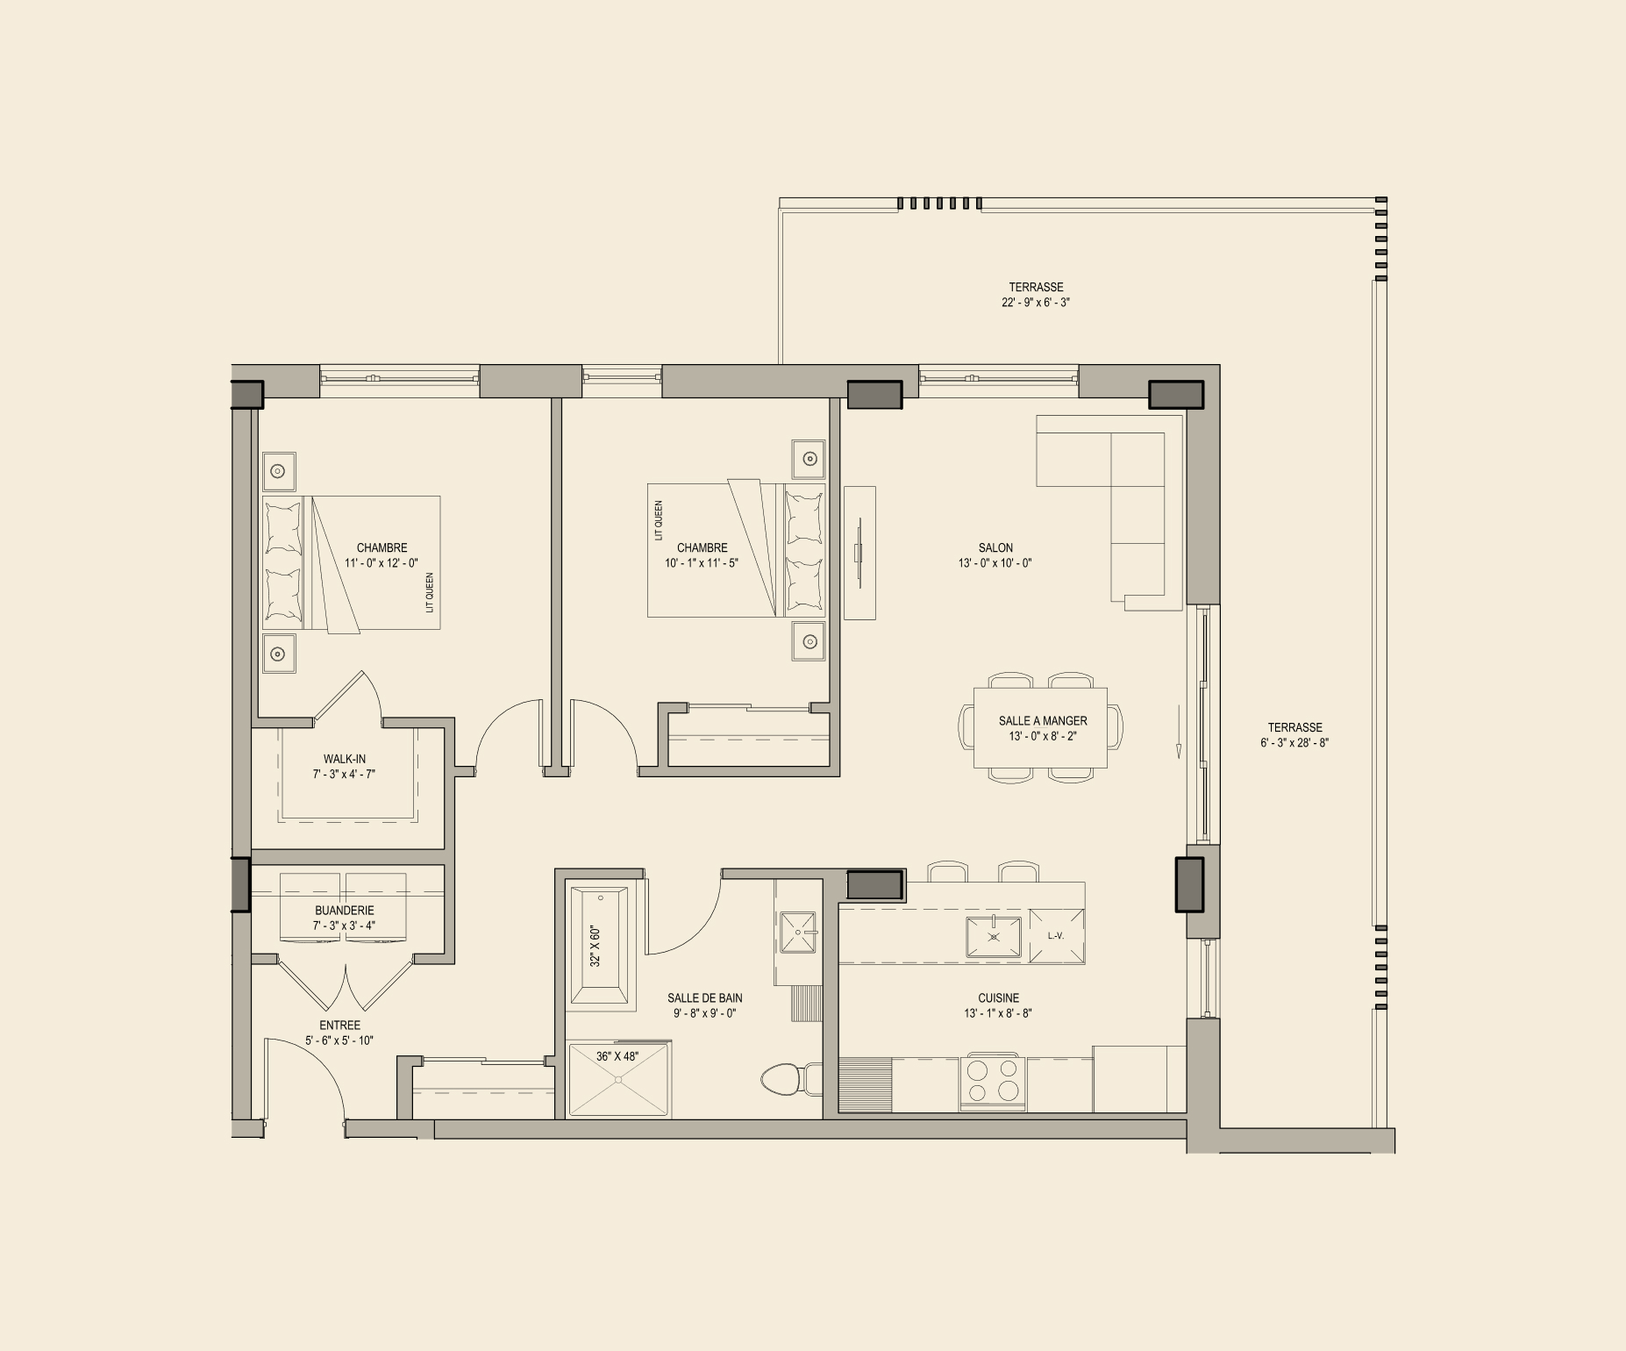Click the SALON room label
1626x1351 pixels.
(x=995, y=548)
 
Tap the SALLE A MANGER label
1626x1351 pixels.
(x=1043, y=721)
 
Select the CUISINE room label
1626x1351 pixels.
(x=999, y=998)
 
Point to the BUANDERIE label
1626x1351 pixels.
(x=345, y=911)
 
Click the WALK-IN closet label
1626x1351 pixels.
(x=345, y=760)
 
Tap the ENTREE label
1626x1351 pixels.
(x=339, y=1026)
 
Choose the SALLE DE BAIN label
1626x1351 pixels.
(x=705, y=998)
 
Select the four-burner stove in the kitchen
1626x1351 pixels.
(x=994, y=1079)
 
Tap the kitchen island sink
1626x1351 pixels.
(x=994, y=937)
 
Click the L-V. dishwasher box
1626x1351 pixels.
(x=1057, y=936)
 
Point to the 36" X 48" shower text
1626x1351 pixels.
(x=617, y=1056)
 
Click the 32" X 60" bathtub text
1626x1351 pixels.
(x=595, y=946)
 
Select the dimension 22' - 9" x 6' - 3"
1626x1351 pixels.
(x=1036, y=303)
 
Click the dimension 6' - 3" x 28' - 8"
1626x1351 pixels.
(x=1294, y=743)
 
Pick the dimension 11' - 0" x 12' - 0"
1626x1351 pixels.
(x=382, y=563)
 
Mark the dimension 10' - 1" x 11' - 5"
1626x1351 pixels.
(x=702, y=563)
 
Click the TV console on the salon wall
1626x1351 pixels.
(x=859, y=553)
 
